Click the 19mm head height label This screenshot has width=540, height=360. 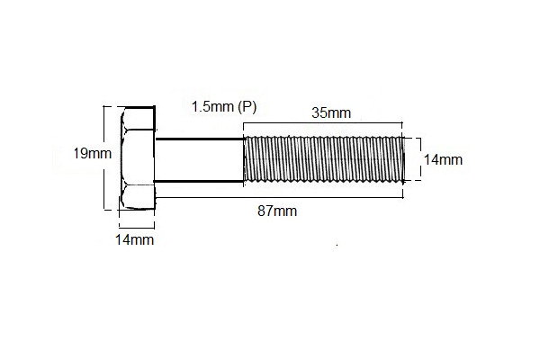93,153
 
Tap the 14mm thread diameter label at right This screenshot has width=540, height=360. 442,160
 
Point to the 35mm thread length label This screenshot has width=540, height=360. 331,113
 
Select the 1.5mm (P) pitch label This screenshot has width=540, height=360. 224,106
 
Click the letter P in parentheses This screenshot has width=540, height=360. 248,106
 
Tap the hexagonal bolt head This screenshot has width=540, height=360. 137,159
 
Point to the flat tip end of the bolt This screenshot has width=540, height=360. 401,160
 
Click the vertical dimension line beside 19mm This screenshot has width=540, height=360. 106,158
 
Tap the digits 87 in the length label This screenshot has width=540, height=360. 266,211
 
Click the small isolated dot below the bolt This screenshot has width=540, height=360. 337,244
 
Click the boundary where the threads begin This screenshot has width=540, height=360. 244,160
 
